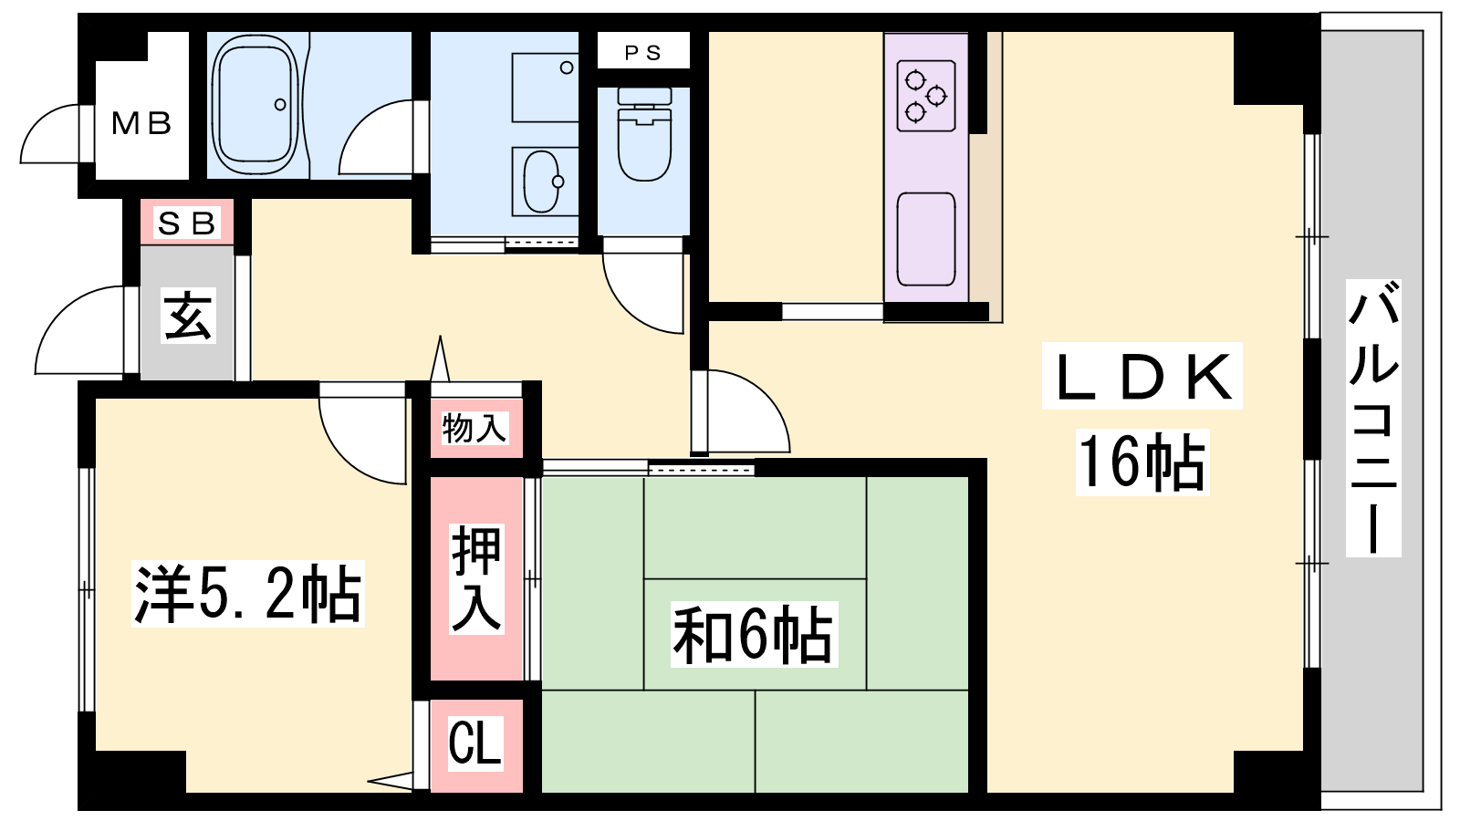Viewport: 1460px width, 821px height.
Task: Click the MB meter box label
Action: tap(141, 123)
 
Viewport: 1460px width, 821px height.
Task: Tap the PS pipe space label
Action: tap(643, 53)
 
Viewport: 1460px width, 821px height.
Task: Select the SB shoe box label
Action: tap(187, 223)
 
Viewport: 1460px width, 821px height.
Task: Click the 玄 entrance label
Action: tap(188, 317)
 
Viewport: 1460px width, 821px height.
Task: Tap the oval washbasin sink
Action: tap(543, 182)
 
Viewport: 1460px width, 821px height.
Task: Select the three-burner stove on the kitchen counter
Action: tap(926, 96)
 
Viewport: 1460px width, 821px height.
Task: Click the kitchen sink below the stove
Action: tap(926, 239)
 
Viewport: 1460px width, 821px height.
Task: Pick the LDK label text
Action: tap(1142, 377)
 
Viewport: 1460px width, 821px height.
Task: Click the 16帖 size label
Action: tap(1142, 462)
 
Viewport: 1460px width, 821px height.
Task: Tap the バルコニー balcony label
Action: tap(1373, 419)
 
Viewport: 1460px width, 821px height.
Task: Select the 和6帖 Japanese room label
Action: tap(754, 634)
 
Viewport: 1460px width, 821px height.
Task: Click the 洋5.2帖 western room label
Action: tap(247, 594)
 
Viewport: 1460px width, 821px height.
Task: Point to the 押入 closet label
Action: tap(476, 578)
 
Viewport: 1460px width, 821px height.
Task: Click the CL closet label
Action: tap(475, 743)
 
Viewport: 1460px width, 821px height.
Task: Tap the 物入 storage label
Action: tap(474, 429)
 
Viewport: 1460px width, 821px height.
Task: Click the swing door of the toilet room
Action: tap(643, 286)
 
